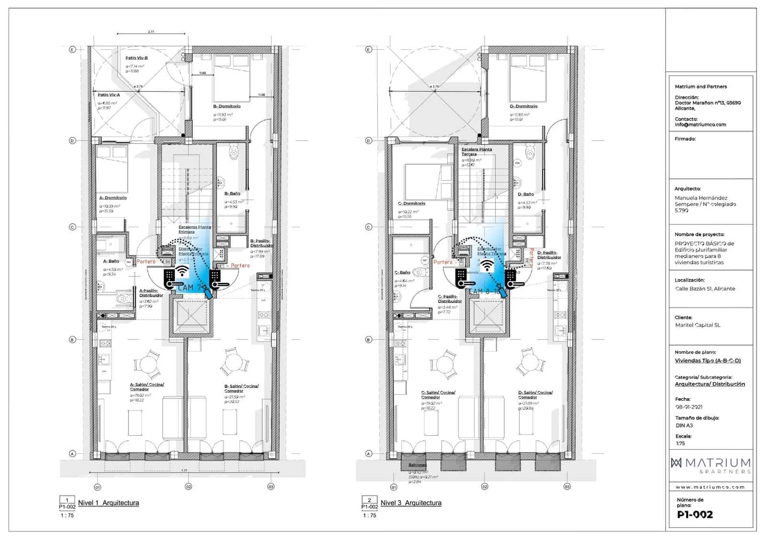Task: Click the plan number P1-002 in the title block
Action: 695,515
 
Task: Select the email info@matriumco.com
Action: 700,125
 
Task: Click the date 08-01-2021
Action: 688,407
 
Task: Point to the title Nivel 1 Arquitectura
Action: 109,503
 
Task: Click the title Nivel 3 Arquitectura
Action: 411,503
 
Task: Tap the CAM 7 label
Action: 189,288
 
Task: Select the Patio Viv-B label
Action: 136,58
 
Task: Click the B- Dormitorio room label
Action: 227,106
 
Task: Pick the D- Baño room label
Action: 525,194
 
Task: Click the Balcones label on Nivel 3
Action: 417,464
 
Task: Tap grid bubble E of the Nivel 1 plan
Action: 73,50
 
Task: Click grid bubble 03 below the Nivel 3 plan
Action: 567,487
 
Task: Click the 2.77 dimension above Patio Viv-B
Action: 151,32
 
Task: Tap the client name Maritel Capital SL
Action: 697,325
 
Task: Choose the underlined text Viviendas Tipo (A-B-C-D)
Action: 707,361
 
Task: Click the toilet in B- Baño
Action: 233,152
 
